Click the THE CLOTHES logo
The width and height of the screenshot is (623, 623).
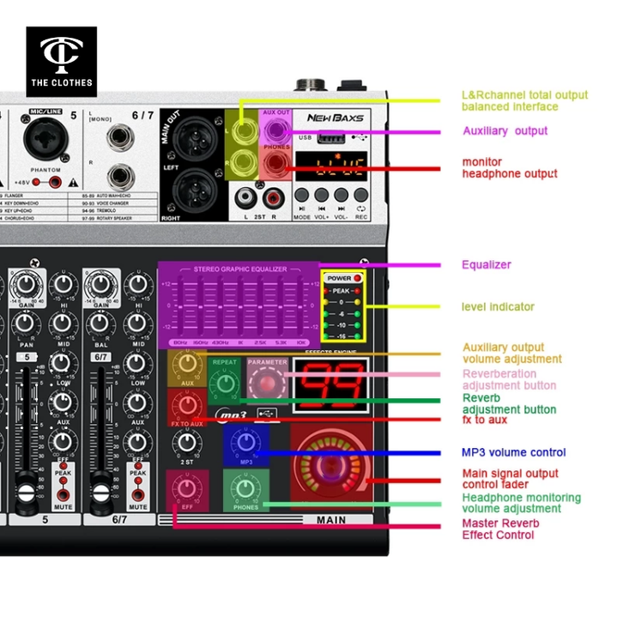tap(61, 61)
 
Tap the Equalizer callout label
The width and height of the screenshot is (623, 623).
tap(486, 264)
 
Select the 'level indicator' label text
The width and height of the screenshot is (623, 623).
tap(498, 306)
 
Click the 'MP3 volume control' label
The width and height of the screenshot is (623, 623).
tap(513, 452)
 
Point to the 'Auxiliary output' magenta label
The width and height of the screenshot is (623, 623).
tap(505, 130)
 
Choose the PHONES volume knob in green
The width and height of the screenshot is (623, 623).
tap(245, 489)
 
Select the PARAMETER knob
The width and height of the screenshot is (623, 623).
tap(267, 383)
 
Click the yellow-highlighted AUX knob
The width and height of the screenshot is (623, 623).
tap(187, 366)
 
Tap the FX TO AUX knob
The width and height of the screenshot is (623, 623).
tap(186, 405)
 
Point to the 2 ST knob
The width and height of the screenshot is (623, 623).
tap(186, 443)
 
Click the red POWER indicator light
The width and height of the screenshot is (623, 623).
tap(357, 279)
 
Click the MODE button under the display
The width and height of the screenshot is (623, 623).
tap(302, 196)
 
